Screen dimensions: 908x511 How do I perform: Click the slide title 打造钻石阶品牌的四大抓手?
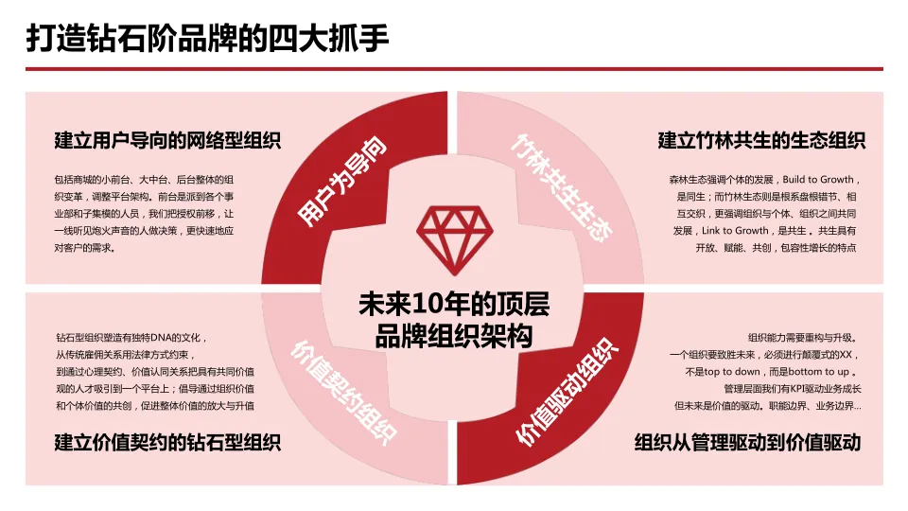[x=207, y=39]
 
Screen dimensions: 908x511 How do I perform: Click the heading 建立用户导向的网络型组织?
[x=167, y=142]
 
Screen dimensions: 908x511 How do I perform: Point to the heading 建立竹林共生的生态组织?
[x=761, y=142]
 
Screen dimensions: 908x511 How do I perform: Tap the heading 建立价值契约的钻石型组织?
[x=167, y=442]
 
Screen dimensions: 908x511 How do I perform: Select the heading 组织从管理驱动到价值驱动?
[x=747, y=442]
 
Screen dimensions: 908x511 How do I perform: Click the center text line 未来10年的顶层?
[x=454, y=305]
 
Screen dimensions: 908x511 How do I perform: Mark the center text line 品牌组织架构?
[x=454, y=336]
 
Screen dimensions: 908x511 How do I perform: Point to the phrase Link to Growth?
[x=738, y=230]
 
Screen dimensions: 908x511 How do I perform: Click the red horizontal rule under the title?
[x=454, y=69]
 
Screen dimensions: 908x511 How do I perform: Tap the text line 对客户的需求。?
[x=84, y=248]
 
